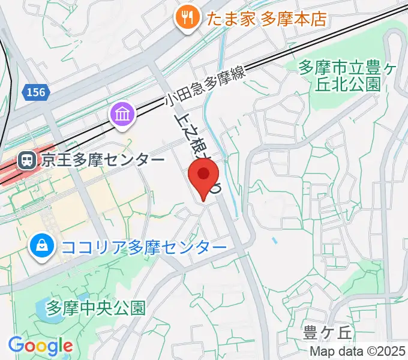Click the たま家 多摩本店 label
(x=266, y=19)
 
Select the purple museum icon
(x=122, y=113)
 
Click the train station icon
(x=26, y=160)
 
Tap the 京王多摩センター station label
(x=103, y=160)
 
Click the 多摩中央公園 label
(x=96, y=308)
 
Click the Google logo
(x=40, y=346)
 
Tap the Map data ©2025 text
(x=358, y=352)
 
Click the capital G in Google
(x=16, y=345)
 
